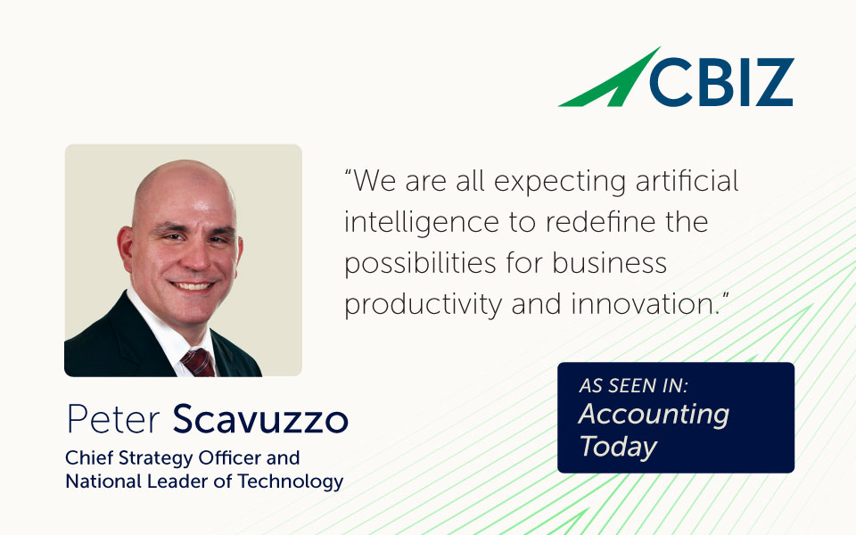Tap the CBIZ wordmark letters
click(720, 82)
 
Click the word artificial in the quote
click(687, 181)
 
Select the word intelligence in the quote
click(422, 223)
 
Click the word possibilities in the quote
click(420, 264)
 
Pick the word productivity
click(423, 305)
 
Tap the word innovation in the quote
click(643, 303)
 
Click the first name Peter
click(113, 419)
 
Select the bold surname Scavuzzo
click(260, 419)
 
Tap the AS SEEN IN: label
click(633, 386)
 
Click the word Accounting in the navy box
click(654, 415)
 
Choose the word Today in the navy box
click(618, 447)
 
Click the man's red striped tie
click(198, 363)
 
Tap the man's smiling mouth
click(191, 285)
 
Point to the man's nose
click(196, 256)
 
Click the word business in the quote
click(609, 262)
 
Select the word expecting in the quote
click(560, 182)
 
